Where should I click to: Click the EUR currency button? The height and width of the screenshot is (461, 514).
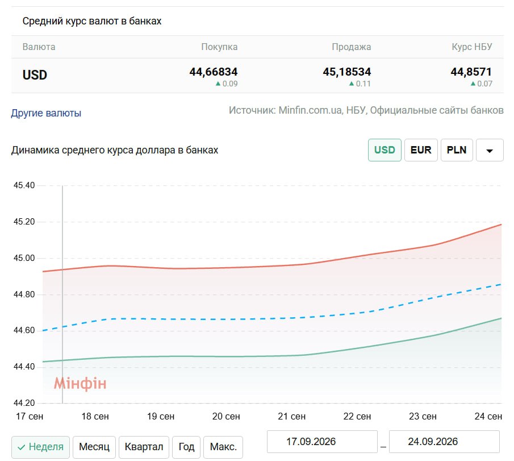click(421, 150)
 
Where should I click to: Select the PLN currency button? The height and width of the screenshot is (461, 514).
click(457, 150)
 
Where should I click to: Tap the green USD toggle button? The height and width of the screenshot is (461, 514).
click(385, 150)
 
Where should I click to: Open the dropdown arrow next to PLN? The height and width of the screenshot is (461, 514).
click(490, 150)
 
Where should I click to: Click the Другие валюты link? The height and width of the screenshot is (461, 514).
click(46, 113)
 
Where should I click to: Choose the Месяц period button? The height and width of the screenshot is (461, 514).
click(94, 447)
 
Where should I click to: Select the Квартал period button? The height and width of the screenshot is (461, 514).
click(144, 447)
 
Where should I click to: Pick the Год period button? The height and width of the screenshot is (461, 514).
click(186, 447)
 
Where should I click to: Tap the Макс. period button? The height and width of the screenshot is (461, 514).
click(223, 447)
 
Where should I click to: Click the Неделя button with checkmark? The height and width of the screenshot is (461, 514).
click(40, 447)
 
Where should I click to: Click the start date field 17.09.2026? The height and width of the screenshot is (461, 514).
click(322, 442)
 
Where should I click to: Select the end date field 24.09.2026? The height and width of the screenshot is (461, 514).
click(444, 442)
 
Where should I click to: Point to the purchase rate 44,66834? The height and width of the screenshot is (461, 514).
click(214, 72)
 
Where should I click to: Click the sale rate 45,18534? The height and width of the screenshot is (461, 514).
click(347, 72)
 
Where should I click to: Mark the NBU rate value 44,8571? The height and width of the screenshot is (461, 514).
click(471, 72)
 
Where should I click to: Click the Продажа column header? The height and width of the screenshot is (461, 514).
click(352, 47)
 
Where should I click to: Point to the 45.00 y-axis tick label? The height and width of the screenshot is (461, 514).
click(24, 258)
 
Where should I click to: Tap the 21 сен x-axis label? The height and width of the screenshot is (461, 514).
click(291, 416)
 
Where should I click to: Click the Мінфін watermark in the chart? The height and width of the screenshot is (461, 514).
click(80, 383)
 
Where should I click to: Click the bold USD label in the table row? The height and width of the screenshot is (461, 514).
click(35, 75)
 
